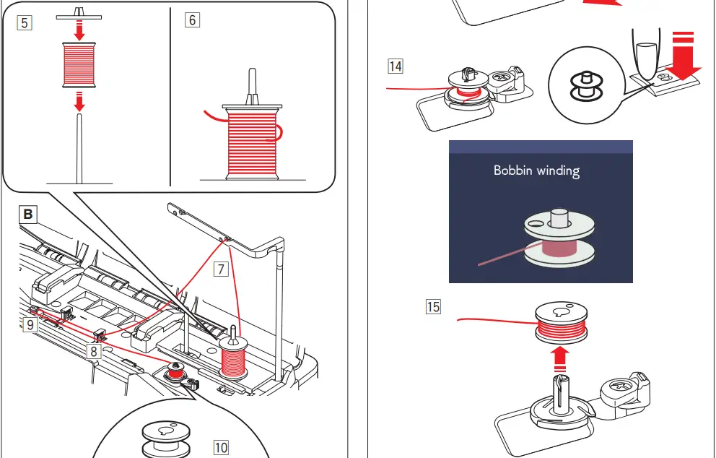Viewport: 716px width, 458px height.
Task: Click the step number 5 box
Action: tap(25, 22)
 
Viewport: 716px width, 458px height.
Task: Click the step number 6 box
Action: tap(192, 20)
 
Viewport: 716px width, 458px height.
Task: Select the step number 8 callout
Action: tap(93, 351)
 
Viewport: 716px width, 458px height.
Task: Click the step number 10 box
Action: tap(221, 447)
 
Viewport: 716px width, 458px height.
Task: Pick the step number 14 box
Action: tap(396, 67)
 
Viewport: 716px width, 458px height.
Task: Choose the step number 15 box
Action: tap(433, 307)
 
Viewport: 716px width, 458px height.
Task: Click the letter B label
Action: tap(27, 215)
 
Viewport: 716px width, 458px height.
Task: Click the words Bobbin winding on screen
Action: tap(536, 170)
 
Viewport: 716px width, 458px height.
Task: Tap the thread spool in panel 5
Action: tap(79, 64)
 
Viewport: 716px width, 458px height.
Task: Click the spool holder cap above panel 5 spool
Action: tap(79, 14)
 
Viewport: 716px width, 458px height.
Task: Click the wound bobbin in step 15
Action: tap(562, 321)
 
